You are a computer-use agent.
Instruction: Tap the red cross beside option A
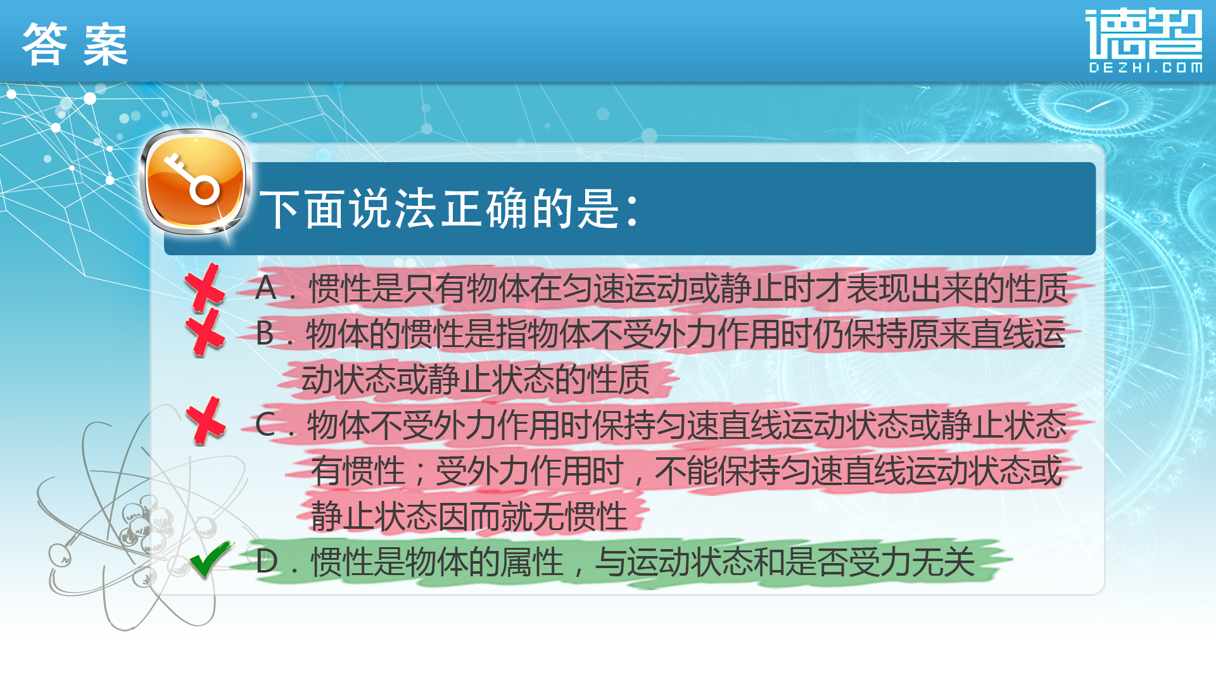(x=205, y=288)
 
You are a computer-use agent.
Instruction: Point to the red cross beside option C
(x=206, y=421)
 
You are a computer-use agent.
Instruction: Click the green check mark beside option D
(x=211, y=559)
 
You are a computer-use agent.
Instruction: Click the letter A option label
(x=266, y=288)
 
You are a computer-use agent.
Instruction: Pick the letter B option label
(x=265, y=334)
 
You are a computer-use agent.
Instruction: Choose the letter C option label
(x=265, y=424)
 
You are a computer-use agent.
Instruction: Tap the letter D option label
(x=267, y=562)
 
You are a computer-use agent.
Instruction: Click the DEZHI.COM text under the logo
(x=1145, y=67)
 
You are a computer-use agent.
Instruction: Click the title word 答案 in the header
(x=75, y=44)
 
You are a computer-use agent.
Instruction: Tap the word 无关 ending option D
(x=944, y=562)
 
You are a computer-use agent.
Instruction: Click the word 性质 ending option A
(x=1037, y=288)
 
